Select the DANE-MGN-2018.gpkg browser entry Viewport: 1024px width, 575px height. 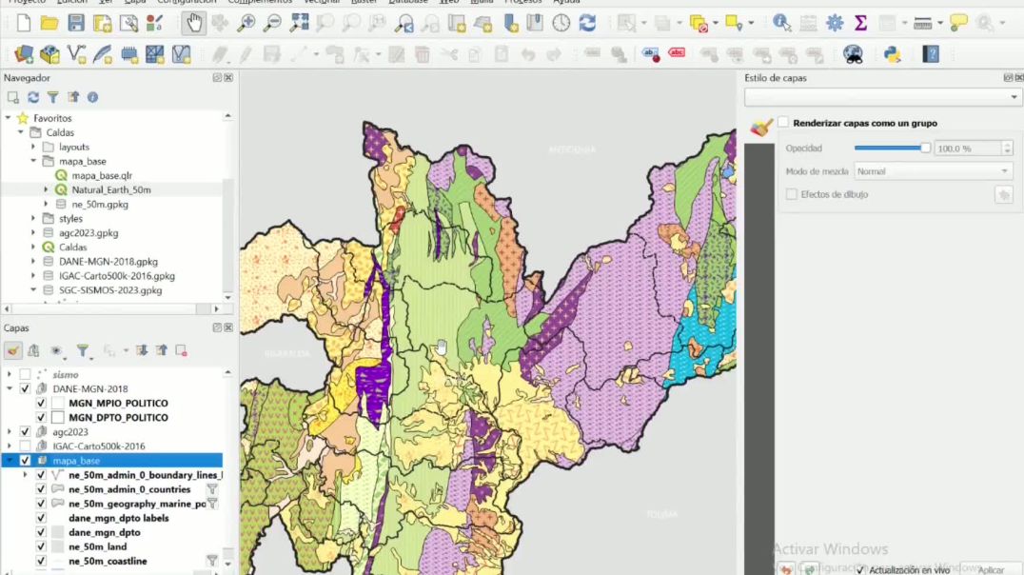(108, 261)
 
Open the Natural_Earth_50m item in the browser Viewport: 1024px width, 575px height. (110, 189)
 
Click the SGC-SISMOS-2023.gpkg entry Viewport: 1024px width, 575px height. (110, 290)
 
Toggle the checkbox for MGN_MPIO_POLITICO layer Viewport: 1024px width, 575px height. (41, 403)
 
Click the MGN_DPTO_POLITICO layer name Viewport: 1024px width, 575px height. (118, 417)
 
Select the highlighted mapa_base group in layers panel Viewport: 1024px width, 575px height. (76, 461)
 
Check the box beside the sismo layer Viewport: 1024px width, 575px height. (26, 374)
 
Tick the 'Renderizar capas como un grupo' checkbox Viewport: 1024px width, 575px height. (783, 123)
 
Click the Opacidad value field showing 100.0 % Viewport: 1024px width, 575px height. (967, 149)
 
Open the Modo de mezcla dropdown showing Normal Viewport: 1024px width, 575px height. (932, 171)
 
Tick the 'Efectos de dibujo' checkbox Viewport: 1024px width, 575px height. (792, 194)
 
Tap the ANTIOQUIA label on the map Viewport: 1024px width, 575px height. (572, 149)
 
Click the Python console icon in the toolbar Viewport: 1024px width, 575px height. (892, 54)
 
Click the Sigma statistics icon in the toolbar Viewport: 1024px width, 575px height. (860, 23)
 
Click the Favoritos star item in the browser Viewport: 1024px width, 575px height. (52, 118)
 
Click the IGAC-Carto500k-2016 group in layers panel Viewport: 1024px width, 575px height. (99, 446)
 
